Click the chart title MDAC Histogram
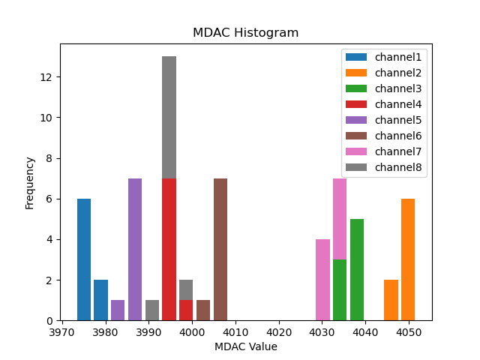pos(245,33)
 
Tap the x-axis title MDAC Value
pos(245,346)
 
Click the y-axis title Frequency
pos(30,182)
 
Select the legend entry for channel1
pos(397,57)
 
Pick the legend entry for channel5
pos(397,120)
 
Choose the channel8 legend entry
pos(397,166)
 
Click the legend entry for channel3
pos(397,88)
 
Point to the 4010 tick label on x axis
pos(235,331)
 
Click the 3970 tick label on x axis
pos(62,331)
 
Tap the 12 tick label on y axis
pos(46,77)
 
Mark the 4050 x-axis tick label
pos(408,331)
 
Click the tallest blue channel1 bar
pos(84,259)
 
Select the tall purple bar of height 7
pos(135,249)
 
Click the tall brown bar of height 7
pos(220,249)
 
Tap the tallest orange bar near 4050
pos(408,259)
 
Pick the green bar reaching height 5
pos(357,270)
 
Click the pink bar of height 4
pos(322,280)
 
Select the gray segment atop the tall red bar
pos(169,117)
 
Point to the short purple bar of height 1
pos(118,310)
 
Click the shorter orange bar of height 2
pos(391,300)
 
